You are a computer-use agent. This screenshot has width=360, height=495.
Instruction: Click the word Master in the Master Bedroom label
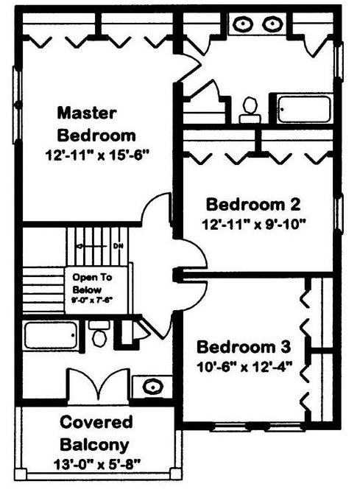point(87,113)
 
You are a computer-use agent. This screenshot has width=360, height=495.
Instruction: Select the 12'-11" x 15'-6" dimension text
point(97,155)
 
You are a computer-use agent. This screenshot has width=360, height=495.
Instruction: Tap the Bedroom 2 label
point(253,204)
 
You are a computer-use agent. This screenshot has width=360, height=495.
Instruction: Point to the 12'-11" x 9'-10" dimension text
point(254,225)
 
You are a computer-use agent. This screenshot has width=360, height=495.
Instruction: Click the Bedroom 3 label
point(244,347)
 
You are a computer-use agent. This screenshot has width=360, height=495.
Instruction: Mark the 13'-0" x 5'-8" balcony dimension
point(97,465)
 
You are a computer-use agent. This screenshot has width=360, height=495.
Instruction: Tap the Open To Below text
point(92,284)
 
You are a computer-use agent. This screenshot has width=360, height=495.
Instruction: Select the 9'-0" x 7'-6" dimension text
point(92,300)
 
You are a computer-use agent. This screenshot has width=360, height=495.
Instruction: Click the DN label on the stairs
point(118,245)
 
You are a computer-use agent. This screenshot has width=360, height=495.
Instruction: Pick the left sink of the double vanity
point(243,24)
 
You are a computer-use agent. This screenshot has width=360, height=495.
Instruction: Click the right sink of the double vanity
point(273,24)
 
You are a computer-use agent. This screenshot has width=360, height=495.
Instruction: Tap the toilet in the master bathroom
point(250,110)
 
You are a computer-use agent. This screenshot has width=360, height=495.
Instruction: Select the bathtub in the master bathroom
point(304,109)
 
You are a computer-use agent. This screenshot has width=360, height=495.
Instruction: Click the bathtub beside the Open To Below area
point(51,335)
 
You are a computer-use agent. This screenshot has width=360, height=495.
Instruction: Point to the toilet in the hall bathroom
point(99,334)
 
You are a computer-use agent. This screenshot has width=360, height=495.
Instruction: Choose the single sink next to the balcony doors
point(153,387)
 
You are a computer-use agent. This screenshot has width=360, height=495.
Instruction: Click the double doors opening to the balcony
point(99,387)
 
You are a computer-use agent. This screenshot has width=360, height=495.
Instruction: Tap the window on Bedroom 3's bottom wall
point(257,427)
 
